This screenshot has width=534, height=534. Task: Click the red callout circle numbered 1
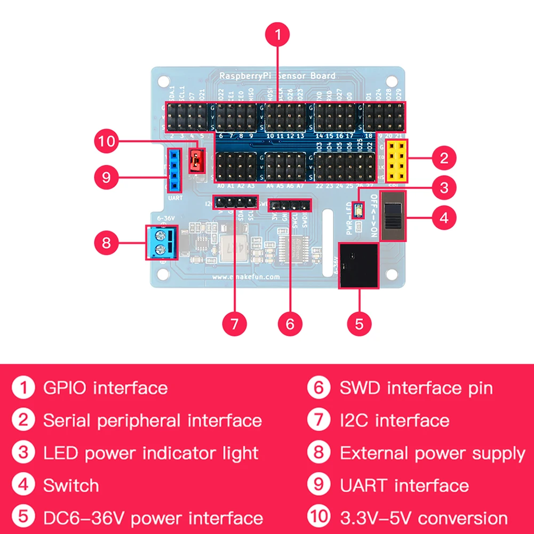[277, 35]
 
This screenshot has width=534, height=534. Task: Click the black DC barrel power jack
[358, 266]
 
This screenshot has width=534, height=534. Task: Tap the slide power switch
[394, 217]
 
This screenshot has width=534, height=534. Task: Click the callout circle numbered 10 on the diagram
[106, 141]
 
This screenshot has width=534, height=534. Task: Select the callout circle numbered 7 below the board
[234, 323]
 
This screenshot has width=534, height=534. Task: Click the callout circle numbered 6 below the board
[290, 323]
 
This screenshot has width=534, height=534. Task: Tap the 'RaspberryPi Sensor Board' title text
[277, 76]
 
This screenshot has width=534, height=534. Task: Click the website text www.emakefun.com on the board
[246, 277]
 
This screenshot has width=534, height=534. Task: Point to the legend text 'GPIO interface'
[105, 388]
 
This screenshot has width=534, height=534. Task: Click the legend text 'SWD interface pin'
[416, 388]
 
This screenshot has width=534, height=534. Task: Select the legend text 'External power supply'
[432, 453]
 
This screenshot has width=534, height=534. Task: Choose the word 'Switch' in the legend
[71, 485]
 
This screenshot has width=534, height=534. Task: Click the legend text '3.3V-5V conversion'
[424, 517]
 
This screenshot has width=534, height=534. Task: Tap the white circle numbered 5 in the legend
[23, 517]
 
